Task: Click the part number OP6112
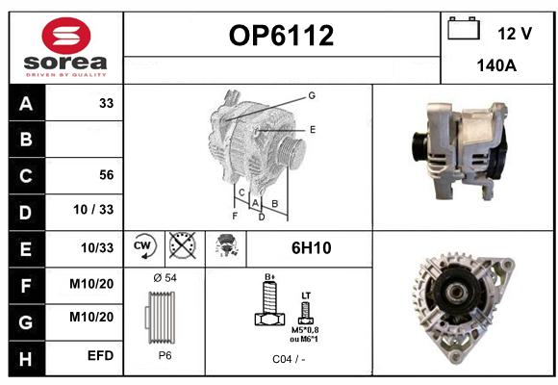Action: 281,36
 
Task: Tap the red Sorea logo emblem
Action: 66,36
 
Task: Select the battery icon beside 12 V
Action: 464,28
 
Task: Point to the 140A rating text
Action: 496,65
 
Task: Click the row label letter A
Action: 26,104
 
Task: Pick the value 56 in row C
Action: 107,175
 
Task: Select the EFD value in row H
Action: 101,355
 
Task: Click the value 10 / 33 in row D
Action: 93,210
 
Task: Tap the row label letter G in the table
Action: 26,322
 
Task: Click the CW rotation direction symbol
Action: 144,246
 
